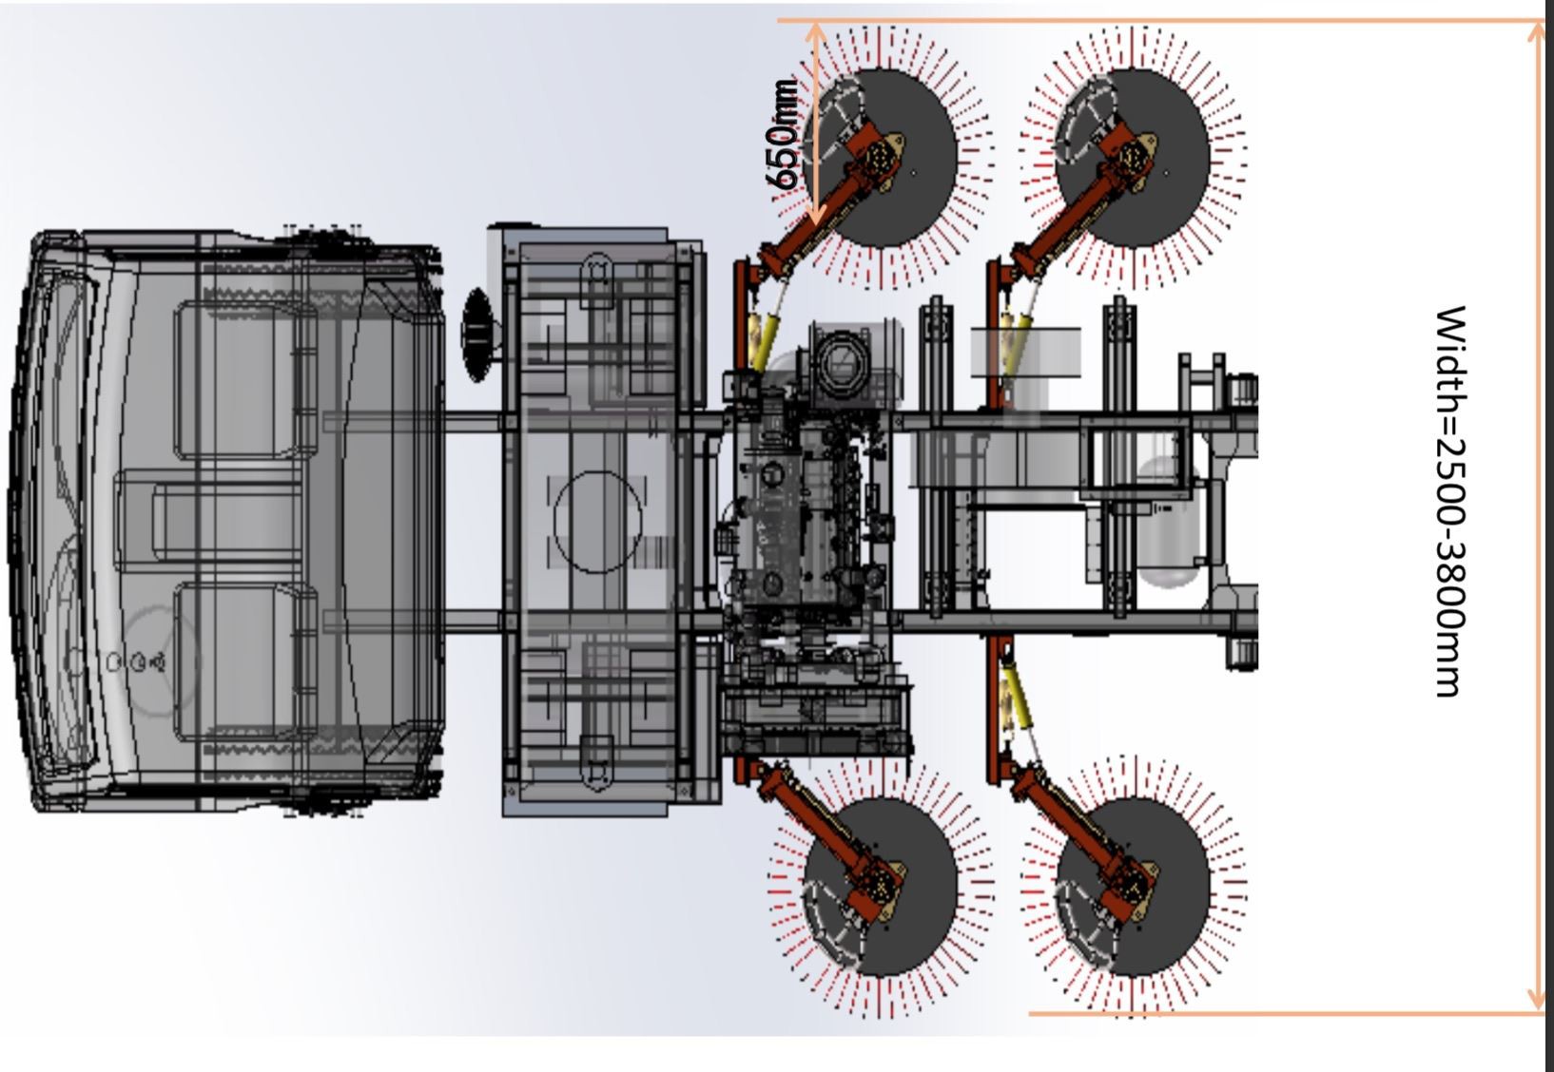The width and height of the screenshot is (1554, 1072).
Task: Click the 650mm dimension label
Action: [x=782, y=135]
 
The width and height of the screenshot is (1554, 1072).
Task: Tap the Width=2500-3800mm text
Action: [x=1450, y=502]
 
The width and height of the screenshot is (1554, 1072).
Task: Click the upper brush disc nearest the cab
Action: [x=881, y=158]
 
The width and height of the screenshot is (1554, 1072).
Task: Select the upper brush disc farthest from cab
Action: [x=1133, y=158]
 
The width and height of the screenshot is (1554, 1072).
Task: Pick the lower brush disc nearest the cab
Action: [x=881, y=887]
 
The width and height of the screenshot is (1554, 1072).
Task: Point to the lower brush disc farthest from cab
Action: [x=1133, y=887]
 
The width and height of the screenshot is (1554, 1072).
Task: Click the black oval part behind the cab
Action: [x=477, y=335]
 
